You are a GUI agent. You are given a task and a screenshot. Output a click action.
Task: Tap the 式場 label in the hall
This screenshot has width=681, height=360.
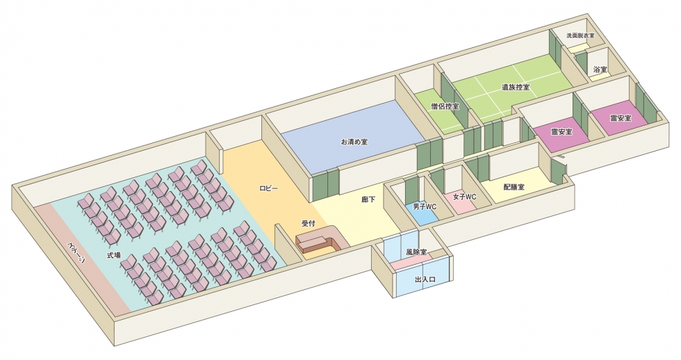point(113,255)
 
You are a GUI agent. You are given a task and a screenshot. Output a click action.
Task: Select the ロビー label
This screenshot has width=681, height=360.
point(268,189)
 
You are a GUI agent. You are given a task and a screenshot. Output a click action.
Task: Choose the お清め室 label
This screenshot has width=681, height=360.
point(354,141)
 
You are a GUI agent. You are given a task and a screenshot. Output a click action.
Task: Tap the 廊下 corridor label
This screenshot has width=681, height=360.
point(368,199)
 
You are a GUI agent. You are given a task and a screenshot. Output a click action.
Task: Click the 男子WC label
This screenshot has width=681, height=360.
point(424,207)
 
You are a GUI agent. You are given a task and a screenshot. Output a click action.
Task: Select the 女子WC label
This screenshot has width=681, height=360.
point(463,197)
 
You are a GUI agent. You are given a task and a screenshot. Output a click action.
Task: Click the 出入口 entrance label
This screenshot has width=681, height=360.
point(424,279)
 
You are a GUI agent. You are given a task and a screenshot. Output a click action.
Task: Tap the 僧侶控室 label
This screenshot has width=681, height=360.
point(445,106)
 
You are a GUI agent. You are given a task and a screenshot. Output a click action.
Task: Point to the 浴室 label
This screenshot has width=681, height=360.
point(600,70)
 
